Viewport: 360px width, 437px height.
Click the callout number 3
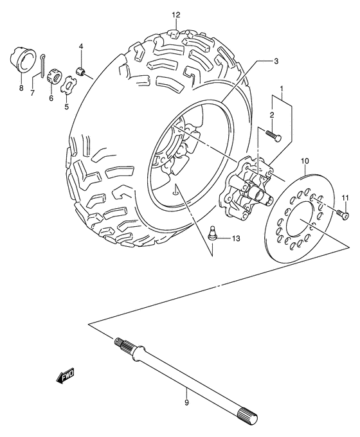coord(275,61)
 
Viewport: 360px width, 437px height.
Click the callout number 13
coord(235,238)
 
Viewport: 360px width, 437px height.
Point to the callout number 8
coord(21,88)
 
